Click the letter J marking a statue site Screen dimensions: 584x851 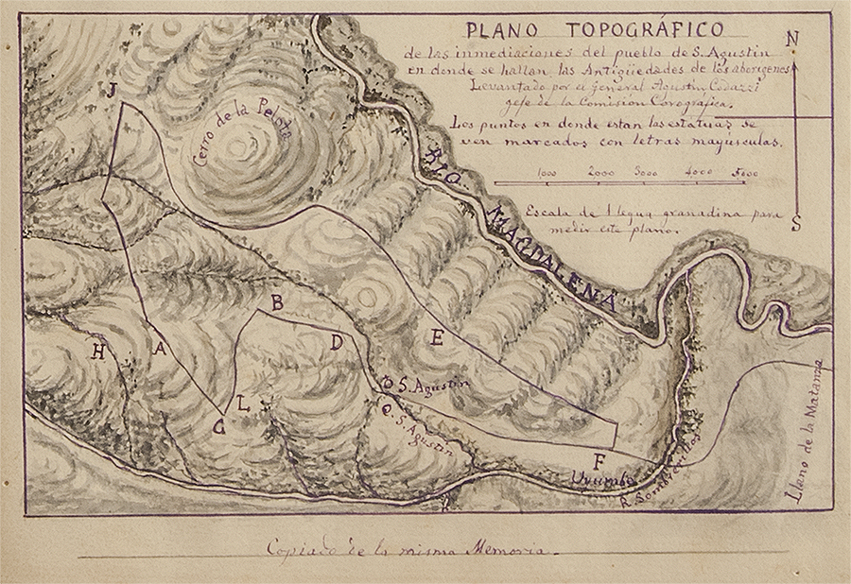(112, 91)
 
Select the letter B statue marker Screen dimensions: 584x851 (277, 302)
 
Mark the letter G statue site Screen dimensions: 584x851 (219, 427)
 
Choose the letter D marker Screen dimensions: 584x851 (336, 342)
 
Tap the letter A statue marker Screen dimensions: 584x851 (160, 349)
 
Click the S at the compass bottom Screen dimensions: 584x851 (796, 223)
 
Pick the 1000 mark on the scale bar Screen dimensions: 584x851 (546, 173)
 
